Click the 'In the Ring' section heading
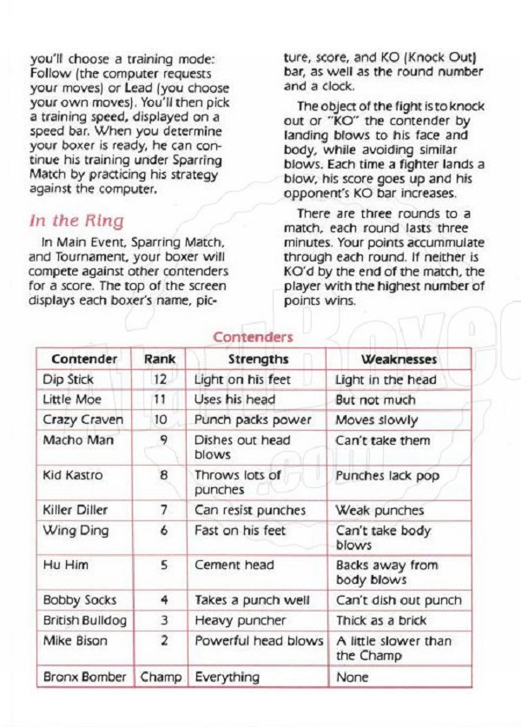pos(77,221)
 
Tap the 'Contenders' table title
pos(253,337)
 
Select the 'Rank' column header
pos(160,359)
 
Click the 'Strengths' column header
pos(258,359)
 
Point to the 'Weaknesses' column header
pos(399,359)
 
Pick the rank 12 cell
pos(162,380)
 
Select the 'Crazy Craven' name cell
pos(82,420)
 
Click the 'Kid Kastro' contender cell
pos(72,475)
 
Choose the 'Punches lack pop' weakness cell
pos(387,476)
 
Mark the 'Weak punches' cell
pos(379,510)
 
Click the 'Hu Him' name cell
pos(65,565)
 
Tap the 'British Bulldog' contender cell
pos(84,620)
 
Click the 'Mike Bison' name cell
pos(75,641)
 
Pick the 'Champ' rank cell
pos(161,677)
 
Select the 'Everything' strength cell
pos(227,677)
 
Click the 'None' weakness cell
pos(352,677)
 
